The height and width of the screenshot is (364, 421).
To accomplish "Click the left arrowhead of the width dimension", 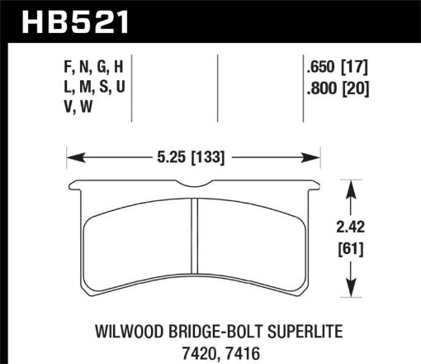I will click(71, 155).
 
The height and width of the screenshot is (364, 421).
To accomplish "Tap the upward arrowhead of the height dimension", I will click(354, 187).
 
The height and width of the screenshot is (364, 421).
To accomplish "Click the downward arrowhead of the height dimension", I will click(354, 285).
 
